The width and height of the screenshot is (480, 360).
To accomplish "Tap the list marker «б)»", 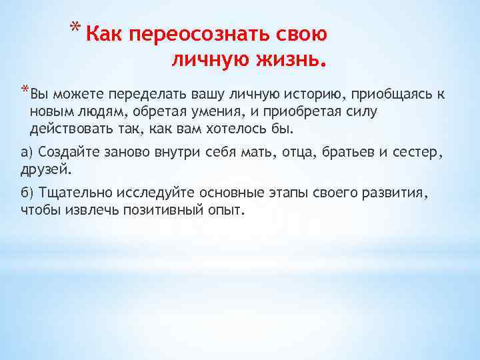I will coord(27,193).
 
